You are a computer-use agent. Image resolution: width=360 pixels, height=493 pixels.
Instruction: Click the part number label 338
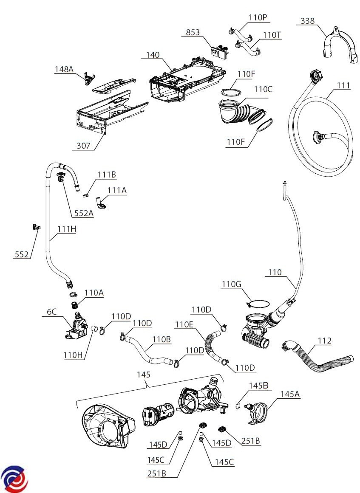pyautogui.click(x=307, y=21)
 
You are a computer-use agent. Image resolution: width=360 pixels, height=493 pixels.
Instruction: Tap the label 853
pyautogui.click(x=193, y=32)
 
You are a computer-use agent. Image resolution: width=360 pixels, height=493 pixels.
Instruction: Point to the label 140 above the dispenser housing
pyautogui.click(x=153, y=55)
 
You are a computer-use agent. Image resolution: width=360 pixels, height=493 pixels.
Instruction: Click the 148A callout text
pyautogui.click(x=64, y=69)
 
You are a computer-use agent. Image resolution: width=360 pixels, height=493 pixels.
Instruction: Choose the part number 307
pyautogui.click(x=83, y=146)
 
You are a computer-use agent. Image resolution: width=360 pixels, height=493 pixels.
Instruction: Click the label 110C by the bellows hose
pyautogui.click(x=263, y=89)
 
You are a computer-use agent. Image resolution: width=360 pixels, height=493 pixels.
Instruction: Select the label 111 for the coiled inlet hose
pyautogui.click(x=343, y=85)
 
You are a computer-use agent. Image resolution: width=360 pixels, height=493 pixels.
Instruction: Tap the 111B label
pyautogui.click(x=107, y=175)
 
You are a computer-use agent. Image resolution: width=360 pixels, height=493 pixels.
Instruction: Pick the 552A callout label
pyautogui.click(x=84, y=213)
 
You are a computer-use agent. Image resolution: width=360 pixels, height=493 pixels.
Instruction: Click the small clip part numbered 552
pyautogui.click(x=36, y=227)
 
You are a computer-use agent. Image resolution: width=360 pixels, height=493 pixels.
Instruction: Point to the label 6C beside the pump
pyautogui.click(x=51, y=312)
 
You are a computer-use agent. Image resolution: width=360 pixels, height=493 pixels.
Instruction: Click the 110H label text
pyautogui.click(x=73, y=355)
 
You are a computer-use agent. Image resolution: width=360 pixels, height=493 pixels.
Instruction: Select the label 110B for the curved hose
pyautogui.click(x=162, y=339)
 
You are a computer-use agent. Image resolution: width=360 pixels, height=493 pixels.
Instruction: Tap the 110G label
pyautogui.click(x=231, y=284)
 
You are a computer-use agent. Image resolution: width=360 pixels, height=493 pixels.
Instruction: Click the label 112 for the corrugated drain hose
pyautogui.click(x=324, y=341)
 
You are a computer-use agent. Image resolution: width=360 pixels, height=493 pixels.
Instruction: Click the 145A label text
pyautogui.click(x=290, y=394)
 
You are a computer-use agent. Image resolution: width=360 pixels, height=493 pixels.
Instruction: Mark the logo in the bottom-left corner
pyautogui.click(x=14, y=479)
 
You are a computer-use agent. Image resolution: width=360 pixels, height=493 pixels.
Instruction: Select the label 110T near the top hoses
pyautogui.click(x=272, y=34)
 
